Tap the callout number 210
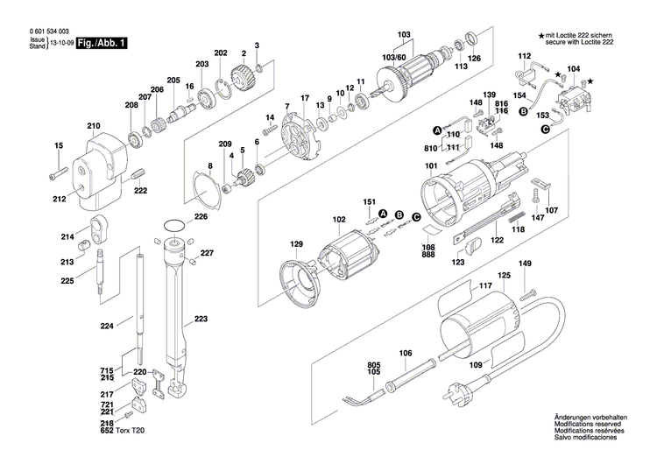click(x=94, y=127)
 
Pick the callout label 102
click(x=314, y=220)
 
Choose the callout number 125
click(x=504, y=277)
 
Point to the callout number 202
click(x=220, y=53)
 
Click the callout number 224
click(x=107, y=327)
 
